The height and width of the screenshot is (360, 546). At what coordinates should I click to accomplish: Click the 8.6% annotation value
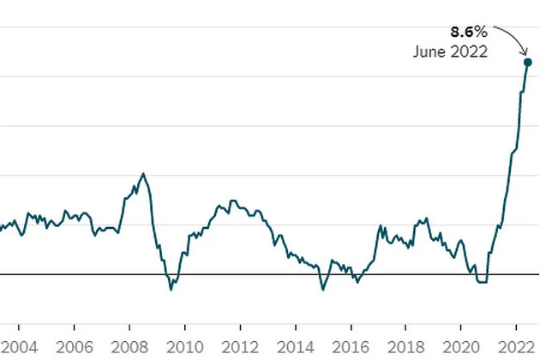click(x=469, y=32)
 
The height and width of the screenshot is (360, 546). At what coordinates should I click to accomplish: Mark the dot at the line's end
click(x=528, y=62)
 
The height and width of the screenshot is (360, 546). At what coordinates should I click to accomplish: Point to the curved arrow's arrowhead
click(x=526, y=53)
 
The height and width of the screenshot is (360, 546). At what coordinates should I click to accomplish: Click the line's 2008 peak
click(x=143, y=174)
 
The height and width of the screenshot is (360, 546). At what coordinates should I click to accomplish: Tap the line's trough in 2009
click(x=171, y=290)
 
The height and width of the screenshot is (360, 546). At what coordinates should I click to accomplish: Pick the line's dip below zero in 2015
click(x=323, y=290)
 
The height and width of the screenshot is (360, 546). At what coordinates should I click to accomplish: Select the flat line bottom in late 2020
click(x=481, y=282)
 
